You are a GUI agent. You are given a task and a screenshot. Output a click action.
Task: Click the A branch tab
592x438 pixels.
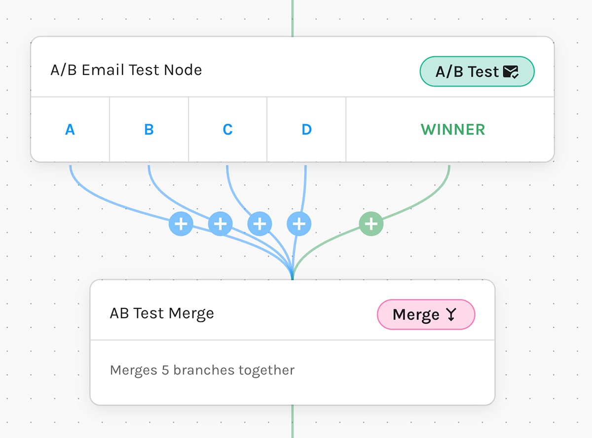pyautogui.click(x=70, y=130)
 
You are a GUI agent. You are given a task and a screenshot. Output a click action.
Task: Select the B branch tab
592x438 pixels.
pyautogui.click(x=148, y=130)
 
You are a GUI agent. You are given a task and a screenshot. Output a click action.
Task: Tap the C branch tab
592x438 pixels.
pyautogui.click(x=227, y=130)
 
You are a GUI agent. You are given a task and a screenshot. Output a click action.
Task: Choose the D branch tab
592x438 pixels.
pyautogui.click(x=306, y=130)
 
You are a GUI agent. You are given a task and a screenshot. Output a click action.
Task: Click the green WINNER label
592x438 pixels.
pyautogui.click(x=453, y=130)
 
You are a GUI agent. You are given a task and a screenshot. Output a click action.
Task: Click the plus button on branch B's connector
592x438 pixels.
pyautogui.click(x=220, y=224)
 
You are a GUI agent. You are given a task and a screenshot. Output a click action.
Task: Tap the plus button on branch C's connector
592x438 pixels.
pyautogui.click(x=259, y=224)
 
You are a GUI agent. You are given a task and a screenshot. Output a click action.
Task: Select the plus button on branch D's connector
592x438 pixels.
pyautogui.click(x=299, y=224)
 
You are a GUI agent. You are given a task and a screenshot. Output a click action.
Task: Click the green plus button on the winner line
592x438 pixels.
pyautogui.click(x=371, y=224)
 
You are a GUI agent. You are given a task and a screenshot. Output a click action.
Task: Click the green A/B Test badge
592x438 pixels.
pyautogui.click(x=477, y=72)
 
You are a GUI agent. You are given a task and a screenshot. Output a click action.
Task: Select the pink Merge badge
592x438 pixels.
pyautogui.click(x=425, y=314)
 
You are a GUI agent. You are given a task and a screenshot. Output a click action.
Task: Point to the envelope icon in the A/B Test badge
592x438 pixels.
pyautogui.click(x=511, y=72)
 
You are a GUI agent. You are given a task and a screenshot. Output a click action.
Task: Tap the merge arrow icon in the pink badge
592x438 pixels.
pyautogui.click(x=451, y=315)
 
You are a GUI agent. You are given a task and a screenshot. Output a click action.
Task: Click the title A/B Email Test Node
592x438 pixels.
pyautogui.click(x=126, y=70)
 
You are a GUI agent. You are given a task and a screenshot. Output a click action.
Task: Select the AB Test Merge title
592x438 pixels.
pyautogui.click(x=162, y=313)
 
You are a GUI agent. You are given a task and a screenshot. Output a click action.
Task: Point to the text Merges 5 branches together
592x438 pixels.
pyautogui.click(x=202, y=370)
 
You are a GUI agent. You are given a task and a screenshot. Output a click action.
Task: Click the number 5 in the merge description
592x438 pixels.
pyautogui.click(x=166, y=370)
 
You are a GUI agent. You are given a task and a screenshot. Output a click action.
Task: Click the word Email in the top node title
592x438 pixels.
pyautogui.click(x=104, y=70)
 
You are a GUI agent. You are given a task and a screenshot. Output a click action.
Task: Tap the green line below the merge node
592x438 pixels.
pyautogui.click(x=293, y=421)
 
